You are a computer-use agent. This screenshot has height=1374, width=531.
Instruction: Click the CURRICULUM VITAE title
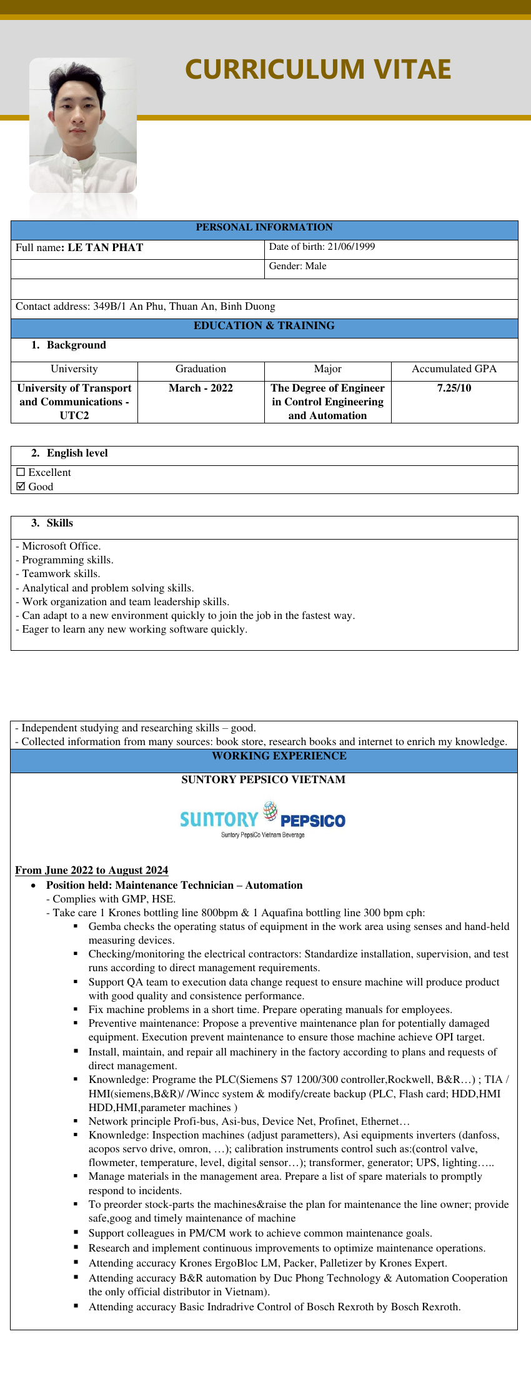pyautogui.click(x=318, y=69)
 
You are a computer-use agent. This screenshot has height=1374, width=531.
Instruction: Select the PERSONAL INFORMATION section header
pyautogui.click(x=264, y=227)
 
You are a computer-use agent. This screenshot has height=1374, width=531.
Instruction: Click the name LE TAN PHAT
pyautogui.click(x=106, y=247)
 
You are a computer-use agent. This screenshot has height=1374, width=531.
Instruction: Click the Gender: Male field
pyautogui.click(x=298, y=266)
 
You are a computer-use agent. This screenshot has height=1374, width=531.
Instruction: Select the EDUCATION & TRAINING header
pyautogui.click(x=264, y=325)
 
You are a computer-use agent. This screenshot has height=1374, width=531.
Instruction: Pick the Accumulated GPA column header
pyautogui.click(x=454, y=369)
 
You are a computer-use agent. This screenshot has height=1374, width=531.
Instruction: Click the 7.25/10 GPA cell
pyautogui.click(x=454, y=388)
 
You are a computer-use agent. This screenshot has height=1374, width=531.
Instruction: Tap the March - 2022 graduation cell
pyautogui.click(x=201, y=388)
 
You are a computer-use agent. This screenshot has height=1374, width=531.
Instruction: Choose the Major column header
pyautogui.click(x=327, y=369)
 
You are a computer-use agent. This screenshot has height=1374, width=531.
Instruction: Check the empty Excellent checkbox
pyautogui.click(x=21, y=472)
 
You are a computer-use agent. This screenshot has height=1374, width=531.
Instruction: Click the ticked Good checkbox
pyautogui.click(x=21, y=487)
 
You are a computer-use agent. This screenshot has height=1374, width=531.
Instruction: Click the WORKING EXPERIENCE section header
pyautogui.click(x=279, y=756)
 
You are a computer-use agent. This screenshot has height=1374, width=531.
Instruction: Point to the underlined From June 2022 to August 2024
pyautogui.click(x=92, y=870)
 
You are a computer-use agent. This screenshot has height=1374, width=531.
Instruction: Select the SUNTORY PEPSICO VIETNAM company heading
pyautogui.click(x=263, y=779)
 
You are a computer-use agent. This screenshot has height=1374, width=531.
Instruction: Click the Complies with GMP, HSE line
pyautogui.click(x=111, y=899)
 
